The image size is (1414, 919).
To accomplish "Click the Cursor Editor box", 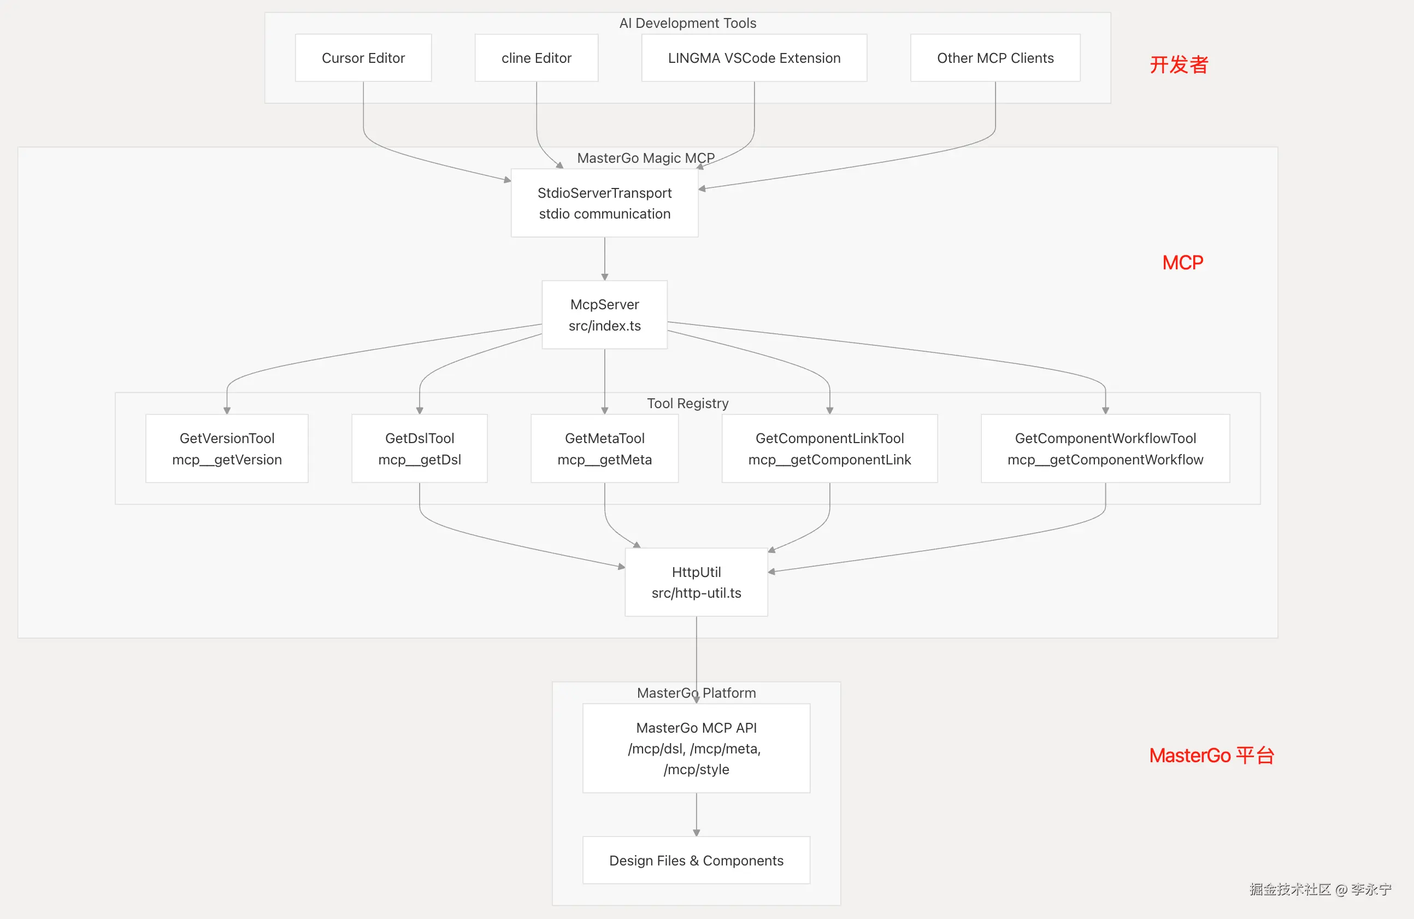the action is pos(363,57).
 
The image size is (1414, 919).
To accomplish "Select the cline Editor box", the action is pos(537,57).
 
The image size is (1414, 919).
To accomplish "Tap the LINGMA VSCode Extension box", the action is pos(754,57).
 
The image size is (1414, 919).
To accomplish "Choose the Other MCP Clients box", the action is pos(995,57).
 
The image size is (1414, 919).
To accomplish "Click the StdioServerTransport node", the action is pos(605,203).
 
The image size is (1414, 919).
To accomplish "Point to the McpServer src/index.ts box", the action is pos(605,315).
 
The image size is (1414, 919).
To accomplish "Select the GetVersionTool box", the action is pos(227,449).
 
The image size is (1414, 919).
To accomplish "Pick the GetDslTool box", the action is pos(420,449).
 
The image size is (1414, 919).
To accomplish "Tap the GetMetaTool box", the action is pos(605,449).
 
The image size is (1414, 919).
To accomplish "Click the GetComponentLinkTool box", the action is pos(829,449).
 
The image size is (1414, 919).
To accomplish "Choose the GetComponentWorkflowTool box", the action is pos(1105,449).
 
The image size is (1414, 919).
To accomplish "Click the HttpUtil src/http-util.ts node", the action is pos(696,582).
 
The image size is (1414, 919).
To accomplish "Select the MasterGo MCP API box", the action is pos(696,749).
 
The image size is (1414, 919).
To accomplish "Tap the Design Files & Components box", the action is pos(696,860).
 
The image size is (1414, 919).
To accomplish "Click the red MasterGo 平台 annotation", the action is pos(1212,756).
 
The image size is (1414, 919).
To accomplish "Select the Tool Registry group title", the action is pos(687,403).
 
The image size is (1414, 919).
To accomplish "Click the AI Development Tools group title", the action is pos(687,23).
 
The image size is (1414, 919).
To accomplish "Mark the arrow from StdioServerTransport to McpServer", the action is pos(605,259).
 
